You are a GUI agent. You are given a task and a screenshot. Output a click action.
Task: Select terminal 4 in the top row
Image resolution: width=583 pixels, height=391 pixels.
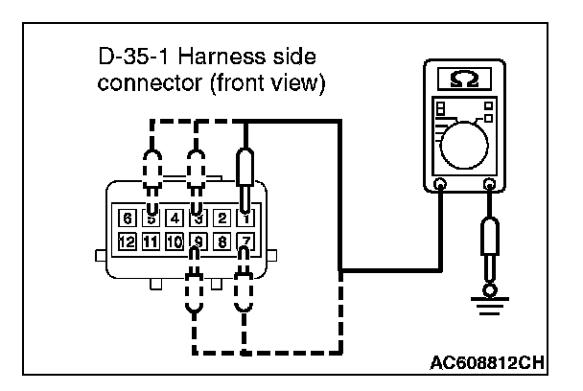point(174,218)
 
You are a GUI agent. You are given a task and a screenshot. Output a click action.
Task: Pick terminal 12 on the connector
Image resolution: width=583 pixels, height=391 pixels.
point(127,241)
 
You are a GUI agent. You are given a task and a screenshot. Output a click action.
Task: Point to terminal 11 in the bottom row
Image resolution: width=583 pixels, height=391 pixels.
point(151,241)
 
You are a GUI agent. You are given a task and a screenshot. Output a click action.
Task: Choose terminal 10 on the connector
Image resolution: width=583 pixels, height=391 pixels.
point(174,241)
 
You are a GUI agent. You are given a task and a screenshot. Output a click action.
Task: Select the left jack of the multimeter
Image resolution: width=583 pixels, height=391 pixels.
point(439,183)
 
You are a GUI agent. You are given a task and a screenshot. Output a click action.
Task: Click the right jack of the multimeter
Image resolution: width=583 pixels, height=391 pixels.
point(491,183)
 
